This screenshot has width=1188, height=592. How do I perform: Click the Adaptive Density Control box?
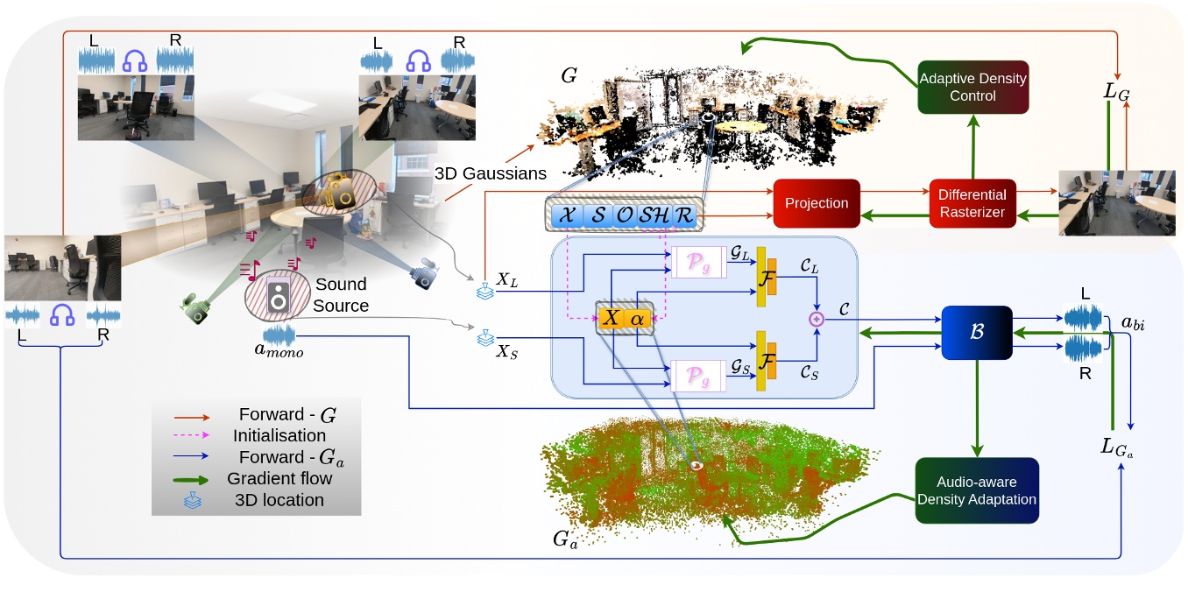972,88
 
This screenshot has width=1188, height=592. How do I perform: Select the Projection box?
816,203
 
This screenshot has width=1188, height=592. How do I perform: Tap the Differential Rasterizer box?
972,202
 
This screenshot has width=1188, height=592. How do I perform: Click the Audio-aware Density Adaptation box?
977,490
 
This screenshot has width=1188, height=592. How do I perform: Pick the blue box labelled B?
976,334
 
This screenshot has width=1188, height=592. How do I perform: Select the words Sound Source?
340,294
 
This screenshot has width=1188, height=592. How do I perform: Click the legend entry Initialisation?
279,434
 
